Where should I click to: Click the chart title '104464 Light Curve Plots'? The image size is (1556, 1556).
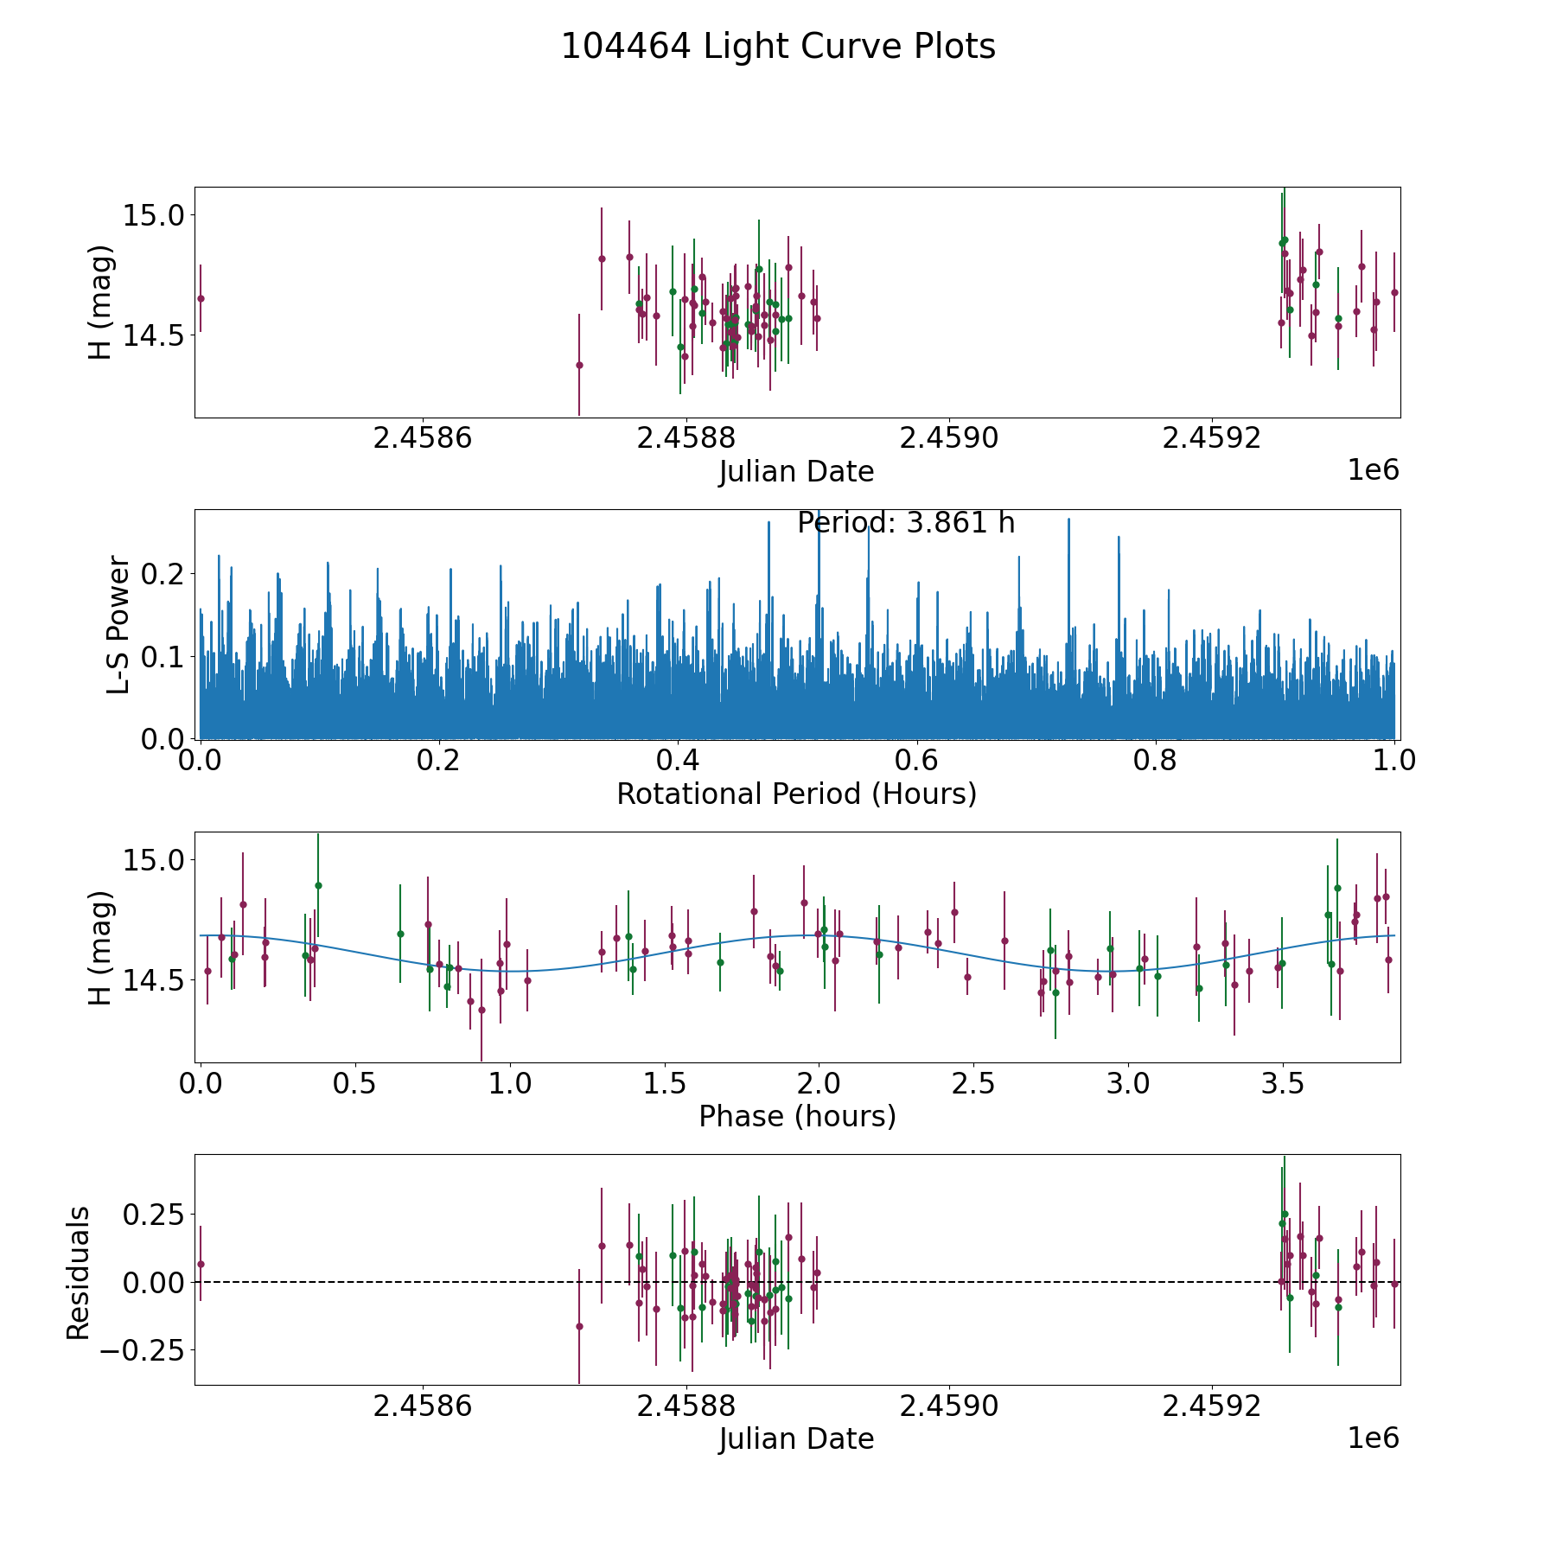point(778,47)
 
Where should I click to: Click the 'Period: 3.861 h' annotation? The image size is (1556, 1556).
point(905,523)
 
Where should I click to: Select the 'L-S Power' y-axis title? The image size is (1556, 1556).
point(118,624)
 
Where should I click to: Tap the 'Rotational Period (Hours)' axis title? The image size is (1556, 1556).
point(796,794)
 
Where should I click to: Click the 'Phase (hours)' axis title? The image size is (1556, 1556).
point(796,1116)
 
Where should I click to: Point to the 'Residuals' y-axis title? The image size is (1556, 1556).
point(79,1272)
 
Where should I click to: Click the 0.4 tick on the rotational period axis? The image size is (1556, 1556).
point(679,761)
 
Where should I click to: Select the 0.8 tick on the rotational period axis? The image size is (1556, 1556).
point(1156,761)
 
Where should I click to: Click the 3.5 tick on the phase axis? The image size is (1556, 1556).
point(1283,1083)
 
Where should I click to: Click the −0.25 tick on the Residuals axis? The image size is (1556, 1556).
point(143,1349)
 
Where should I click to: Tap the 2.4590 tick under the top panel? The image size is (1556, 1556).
point(949,438)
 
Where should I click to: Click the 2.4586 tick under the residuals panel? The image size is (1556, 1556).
point(423,1406)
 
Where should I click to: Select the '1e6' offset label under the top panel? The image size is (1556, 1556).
point(1373,470)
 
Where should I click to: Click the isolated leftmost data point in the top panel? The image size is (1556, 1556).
point(201,298)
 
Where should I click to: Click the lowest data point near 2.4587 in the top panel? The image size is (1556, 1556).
point(579,365)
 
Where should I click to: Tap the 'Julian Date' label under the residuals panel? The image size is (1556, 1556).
point(796,1438)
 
